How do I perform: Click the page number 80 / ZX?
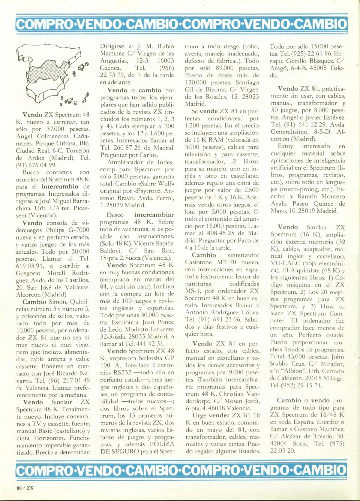click(25, 488)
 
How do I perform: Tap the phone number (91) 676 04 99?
click(37, 165)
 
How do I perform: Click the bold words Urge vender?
click(211, 415)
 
